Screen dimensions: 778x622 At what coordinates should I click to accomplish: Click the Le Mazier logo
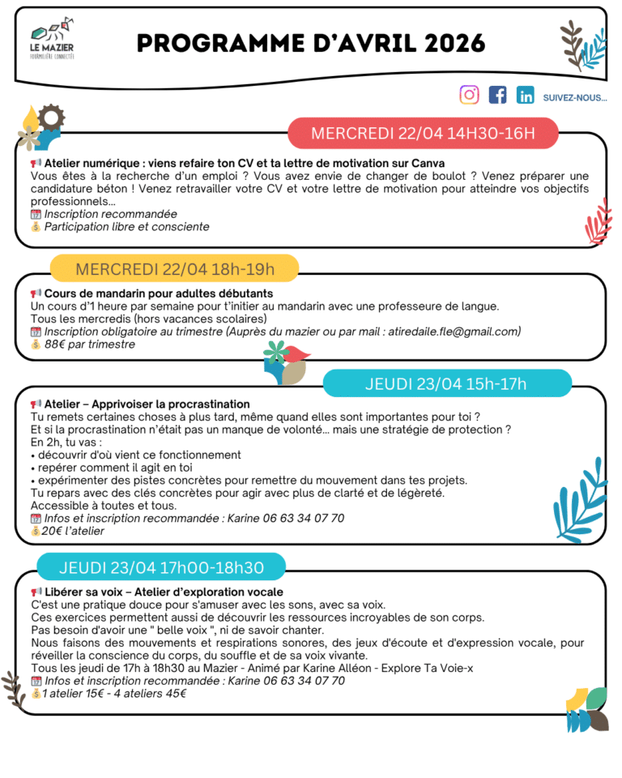point(51,42)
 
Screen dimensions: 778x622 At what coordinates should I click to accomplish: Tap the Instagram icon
point(469,96)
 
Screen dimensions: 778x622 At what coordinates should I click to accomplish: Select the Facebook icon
point(497,96)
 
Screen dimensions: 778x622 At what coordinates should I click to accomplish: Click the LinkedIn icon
point(526,96)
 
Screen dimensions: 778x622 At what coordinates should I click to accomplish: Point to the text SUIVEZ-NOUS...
point(575,97)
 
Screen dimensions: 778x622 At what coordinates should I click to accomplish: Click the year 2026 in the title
point(444,43)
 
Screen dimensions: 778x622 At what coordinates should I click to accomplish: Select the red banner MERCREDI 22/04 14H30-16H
point(423,133)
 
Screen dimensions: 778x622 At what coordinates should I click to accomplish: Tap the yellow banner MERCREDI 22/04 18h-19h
point(174,268)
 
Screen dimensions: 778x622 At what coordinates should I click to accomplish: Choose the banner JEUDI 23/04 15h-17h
point(445,383)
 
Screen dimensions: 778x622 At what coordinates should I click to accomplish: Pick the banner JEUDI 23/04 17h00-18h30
point(161,566)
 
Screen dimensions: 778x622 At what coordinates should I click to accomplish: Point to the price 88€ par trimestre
point(89,344)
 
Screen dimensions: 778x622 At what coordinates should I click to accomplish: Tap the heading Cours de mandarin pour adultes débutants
point(158,293)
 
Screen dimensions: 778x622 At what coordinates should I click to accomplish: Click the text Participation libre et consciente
point(126,227)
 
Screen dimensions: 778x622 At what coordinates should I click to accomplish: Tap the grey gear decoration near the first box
point(50,118)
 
